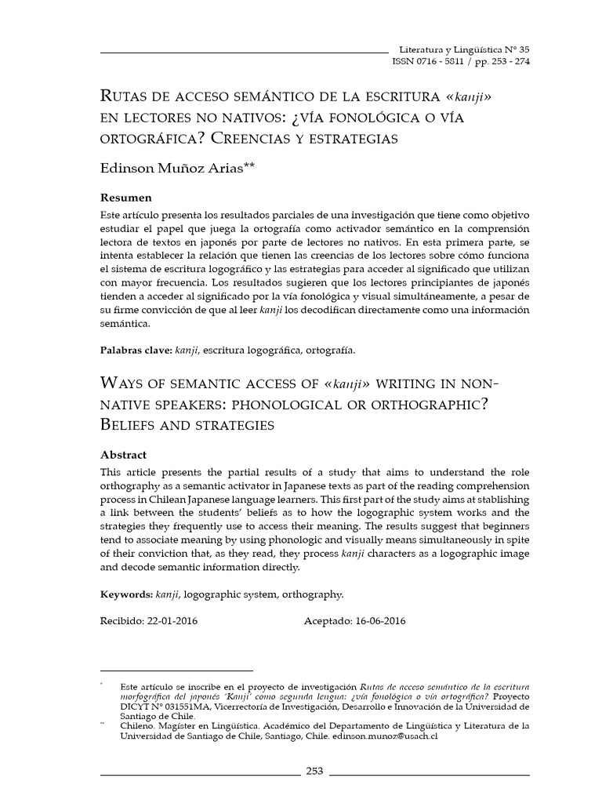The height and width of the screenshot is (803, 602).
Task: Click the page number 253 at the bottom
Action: point(314,771)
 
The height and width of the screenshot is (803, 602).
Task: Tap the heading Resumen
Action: point(126,197)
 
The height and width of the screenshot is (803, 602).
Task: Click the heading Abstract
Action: point(123,455)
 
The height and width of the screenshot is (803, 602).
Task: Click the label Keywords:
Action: point(126,595)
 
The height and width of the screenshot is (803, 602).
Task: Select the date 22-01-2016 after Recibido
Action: point(172,621)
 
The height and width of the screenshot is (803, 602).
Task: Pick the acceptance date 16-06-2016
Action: point(379,621)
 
